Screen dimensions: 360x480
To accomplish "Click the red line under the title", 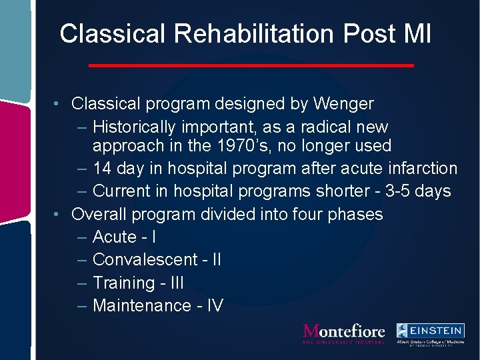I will point(251,65).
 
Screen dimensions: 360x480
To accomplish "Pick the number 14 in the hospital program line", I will point(103,168).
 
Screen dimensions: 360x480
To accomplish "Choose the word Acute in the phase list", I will point(115,237).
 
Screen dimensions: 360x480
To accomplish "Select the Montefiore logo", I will point(344,333).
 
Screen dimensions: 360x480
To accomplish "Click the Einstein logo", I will point(430,333).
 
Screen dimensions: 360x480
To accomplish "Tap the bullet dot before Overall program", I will point(59,215).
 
